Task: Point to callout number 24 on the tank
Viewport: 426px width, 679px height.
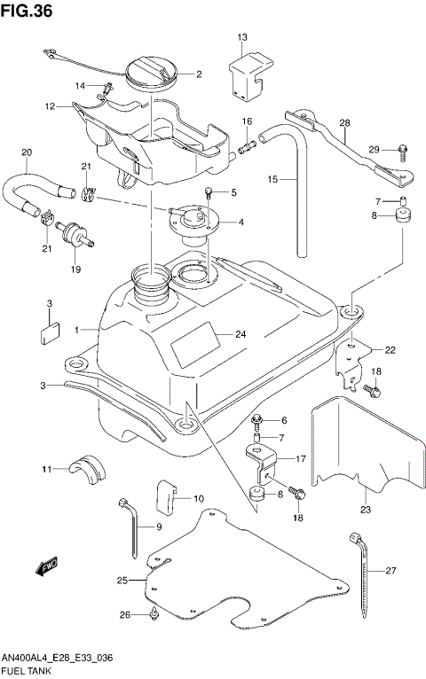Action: click(x=240, y=334)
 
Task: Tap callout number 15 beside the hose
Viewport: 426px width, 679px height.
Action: click(x=274, y=179)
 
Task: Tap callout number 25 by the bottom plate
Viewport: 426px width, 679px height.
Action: click(x=122, y=581)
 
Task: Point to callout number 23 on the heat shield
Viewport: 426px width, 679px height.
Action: click(x=364, y=510)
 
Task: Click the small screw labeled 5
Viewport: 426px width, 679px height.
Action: click(x=209, y=191)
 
